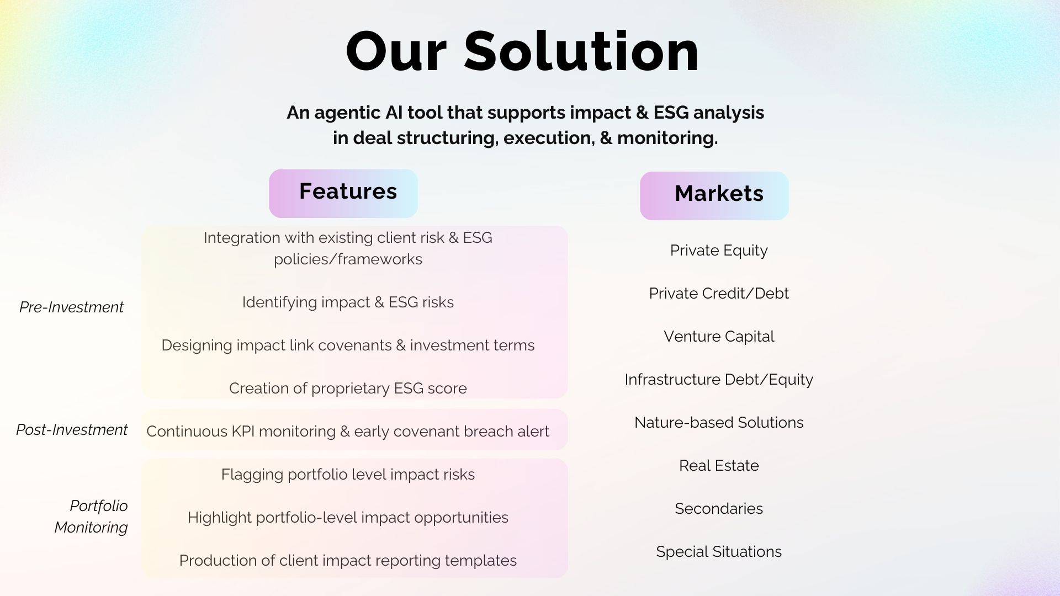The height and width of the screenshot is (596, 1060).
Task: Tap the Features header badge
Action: [x=343, y=193]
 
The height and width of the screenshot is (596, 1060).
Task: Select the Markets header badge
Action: [x=714, y=196]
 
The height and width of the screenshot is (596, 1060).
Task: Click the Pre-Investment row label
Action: [x=71, y=307]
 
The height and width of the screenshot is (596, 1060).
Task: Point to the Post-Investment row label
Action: [x=72, y=429]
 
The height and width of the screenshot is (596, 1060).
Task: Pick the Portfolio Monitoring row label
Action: [x=91, y=517]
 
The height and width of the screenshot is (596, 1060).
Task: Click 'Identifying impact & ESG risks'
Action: [x=348, y=302]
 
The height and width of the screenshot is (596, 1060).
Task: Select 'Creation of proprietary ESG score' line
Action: [x=348, y=389]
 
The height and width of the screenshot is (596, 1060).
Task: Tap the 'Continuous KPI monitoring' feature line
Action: [x=348, y=432]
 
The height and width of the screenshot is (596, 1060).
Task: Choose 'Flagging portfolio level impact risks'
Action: [x=348, y=475]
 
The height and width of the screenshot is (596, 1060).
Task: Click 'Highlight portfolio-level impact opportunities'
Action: [x=348, y=518]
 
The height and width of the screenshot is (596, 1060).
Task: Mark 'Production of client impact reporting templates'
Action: [x=348, y=561]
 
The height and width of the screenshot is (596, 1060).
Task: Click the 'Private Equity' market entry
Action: [x=719, y=251]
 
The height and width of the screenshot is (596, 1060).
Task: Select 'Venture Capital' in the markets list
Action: [x=719, y=337]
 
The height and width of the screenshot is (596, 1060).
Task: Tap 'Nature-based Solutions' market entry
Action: [x=719, y=423]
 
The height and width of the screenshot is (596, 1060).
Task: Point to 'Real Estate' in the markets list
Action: [x=719, y=466]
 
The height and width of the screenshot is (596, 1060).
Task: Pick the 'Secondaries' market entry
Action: [x=719, y=509]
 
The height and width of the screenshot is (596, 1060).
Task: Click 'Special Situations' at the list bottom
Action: [x=719, y=552]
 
